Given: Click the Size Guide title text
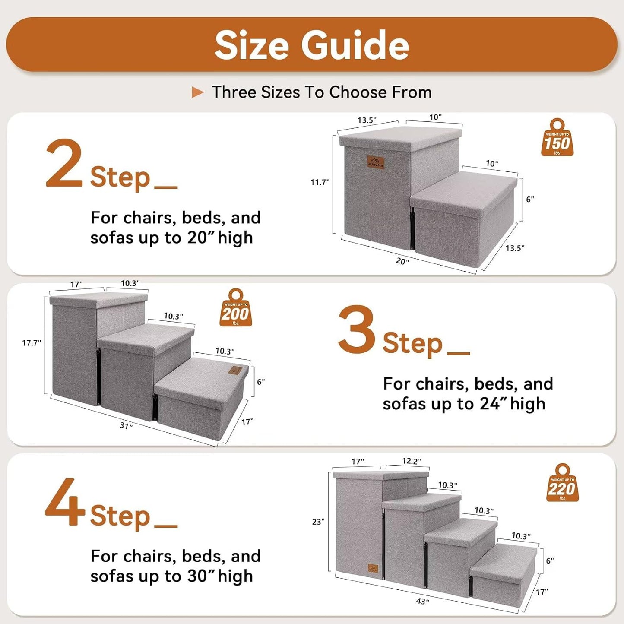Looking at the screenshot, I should click(311, 45).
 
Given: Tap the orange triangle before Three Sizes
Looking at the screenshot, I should click(197, 92).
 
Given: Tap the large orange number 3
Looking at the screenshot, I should click(356, 329).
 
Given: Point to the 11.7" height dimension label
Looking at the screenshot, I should click(320, 182).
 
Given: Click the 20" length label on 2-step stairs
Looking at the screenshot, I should click(402, 261).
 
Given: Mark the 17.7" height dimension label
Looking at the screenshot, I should click(32, 343).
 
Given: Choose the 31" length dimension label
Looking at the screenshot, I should click(126, 426).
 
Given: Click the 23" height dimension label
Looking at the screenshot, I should click(318, 522).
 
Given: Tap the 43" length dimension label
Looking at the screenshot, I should click(422, 601).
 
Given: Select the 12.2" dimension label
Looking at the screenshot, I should click(411, 461).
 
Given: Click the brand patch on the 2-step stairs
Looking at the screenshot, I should click(375, 162).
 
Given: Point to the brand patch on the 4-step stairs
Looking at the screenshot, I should click(374, 568).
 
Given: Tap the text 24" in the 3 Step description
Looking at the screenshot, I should click(490, 404).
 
